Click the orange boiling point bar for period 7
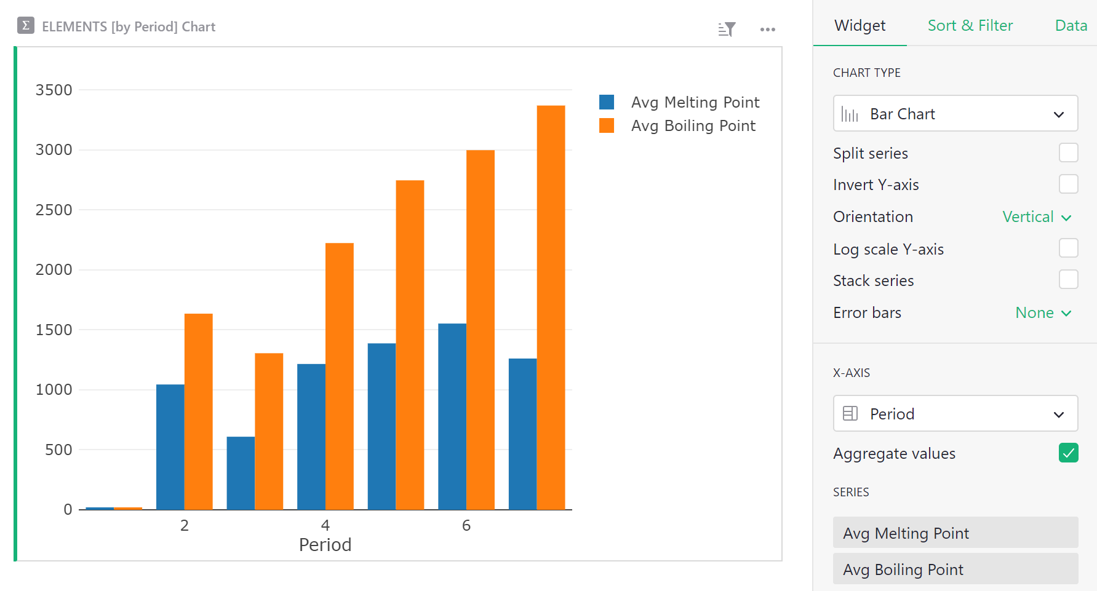551,307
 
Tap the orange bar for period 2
198,411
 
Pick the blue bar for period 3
241,473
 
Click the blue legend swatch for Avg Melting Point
607,102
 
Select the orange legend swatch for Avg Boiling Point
607,125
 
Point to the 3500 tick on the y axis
54,90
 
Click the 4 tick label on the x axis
325,525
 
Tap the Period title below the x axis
325,545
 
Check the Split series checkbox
1068,153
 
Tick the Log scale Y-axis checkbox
1068,248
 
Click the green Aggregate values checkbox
1068,453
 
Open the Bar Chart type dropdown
955,114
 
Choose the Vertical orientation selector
1037,217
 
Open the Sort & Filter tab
970,26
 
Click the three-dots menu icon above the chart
767,30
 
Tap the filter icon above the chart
727,29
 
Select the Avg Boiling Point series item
955,569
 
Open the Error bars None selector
1043,313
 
